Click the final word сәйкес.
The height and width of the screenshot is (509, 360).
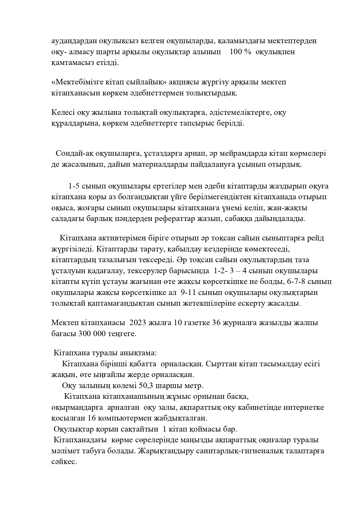click(x=64, y=462)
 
